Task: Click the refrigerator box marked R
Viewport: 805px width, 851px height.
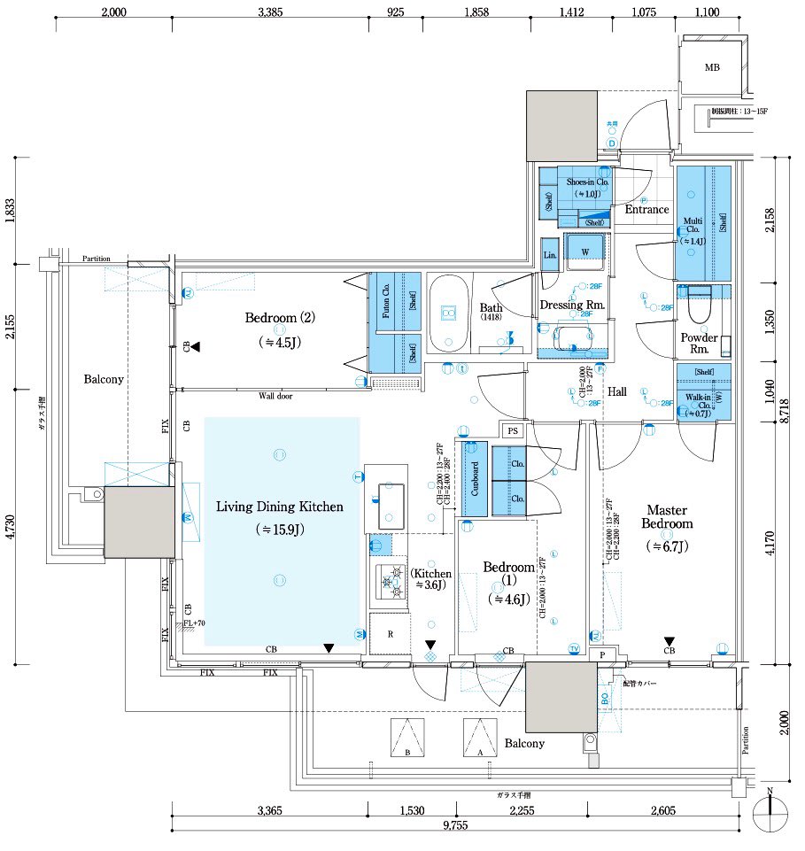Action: pyautogui.click(x=387, y=635)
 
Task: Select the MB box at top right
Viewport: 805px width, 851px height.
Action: pyautogui.click(x=711, y=67)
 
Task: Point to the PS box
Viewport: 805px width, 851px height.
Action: pyautogui.click(x=512, y=430)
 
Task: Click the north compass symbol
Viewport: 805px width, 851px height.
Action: pyautogui.click(x=770, y=809)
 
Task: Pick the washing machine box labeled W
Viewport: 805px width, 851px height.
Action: pyautogui.click(x=584, y=251)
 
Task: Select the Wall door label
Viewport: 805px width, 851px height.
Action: pyautogui.click(x=275, y=396)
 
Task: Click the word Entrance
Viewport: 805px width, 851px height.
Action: pyautogui.click(x=646, y=210)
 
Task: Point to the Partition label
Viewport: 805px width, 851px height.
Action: pyautogui.click(x=97, y=259)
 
